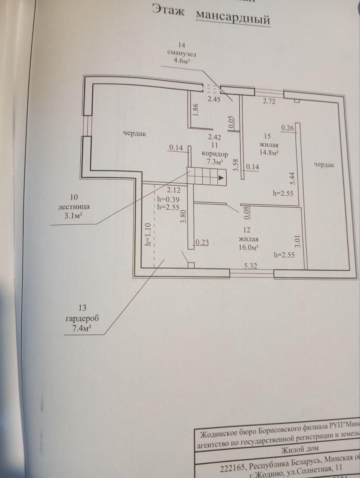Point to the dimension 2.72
(269, 101)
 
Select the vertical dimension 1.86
(196, 110)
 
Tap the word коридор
(214, 153)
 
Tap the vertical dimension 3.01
(298, 241)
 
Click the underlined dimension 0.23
(202, 242)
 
